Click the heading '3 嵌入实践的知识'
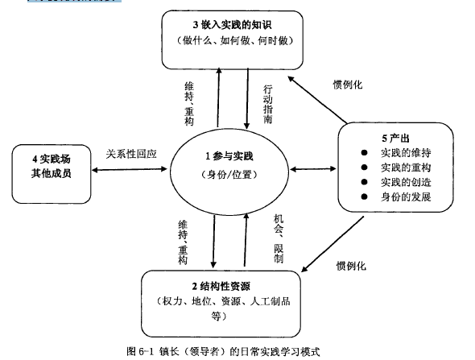pos(232,25)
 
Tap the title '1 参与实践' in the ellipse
pos(229,156)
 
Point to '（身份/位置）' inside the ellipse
pos(229,175)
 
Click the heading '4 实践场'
pos(52,159)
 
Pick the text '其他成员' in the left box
pos(52,173)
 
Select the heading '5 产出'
pos(395,139)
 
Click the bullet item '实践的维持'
pos(406,153)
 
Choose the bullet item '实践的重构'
pos(406,168)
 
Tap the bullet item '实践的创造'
pos(406,182)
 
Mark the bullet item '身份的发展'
pos(406,197)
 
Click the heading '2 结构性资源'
pos(221,286)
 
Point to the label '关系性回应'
pos(131,154)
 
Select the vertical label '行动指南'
pos(268,104)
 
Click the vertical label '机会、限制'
pos(279,238)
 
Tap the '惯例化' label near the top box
pos(348,85)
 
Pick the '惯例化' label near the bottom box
pos(351,266)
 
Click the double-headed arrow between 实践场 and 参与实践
pos(130,169)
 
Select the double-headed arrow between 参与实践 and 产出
pos(313,169)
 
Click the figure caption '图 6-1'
pos(141,351)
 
